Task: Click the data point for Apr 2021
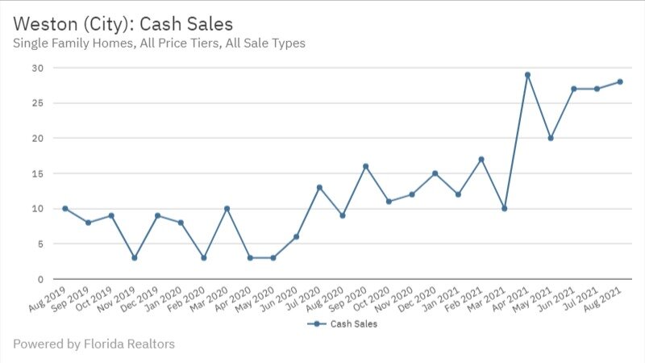click(527, 75)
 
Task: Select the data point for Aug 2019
click(65, 208)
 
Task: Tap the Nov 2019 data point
click(135, 258)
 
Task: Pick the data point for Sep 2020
click(365, 166)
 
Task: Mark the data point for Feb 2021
click(481, 159)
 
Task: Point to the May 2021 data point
click(551, 138)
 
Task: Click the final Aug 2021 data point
click(620, 81)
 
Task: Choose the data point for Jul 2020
click(319, 187)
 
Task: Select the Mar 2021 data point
click(504, 208)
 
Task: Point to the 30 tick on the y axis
click(37, 68)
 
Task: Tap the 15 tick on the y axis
click(37, 173)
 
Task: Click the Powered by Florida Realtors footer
click(94, 344)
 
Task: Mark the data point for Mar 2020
click(227, 208)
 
